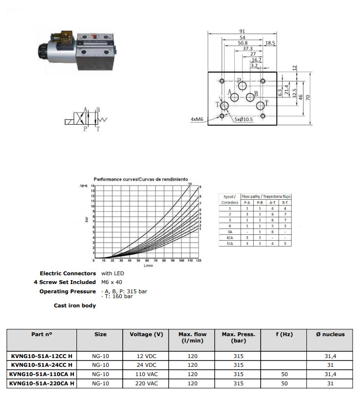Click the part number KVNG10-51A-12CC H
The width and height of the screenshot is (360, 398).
[x=42, y=356]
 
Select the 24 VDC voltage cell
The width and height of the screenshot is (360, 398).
[x=146, y=365]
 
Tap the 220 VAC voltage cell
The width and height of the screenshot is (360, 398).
[x=146, y=384]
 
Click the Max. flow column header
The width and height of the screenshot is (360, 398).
[x=192, y=337]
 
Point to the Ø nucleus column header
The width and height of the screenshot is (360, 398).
[x=330, y=334]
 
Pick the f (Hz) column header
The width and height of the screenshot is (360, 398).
[x=284, y=334]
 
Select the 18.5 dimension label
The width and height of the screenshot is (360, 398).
[x=270, y=43]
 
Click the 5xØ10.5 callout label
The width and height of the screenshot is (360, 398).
[x=243, y=119]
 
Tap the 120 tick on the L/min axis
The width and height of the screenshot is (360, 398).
[x=198, y=261]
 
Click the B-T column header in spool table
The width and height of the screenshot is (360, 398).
[x=285, y=202]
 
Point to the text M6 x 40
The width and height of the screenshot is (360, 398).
[x=112, y=283]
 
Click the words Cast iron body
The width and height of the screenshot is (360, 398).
[x=75, y=305]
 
